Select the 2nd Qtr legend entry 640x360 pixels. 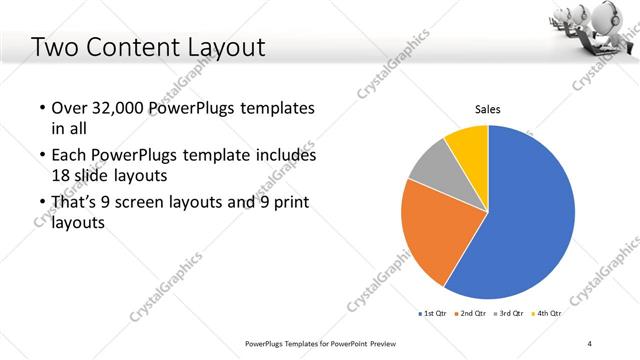point(472,314)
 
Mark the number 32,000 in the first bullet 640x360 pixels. point(119,108)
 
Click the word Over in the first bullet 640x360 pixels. point(68,108)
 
